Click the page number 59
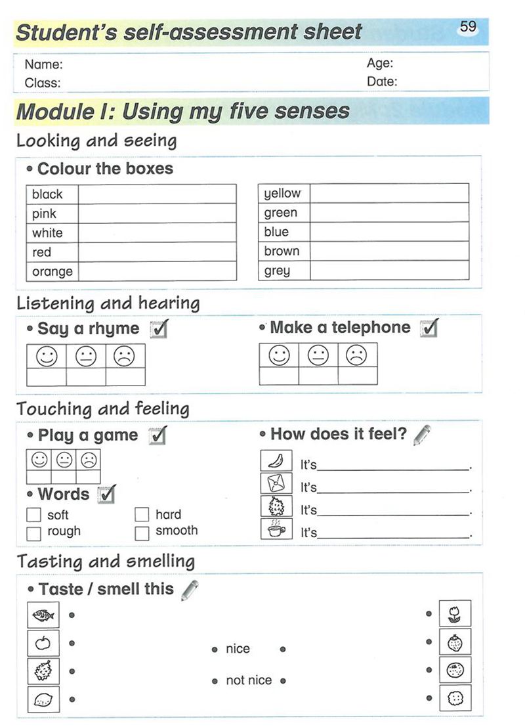[x=468, y=27]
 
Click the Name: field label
[x=43, y=64]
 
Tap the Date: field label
[x=382, y=82]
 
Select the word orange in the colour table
[x=52, y=271]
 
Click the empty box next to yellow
[x=389, y=193]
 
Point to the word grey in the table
[x=277, y=271]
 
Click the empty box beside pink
[x=157, y=213]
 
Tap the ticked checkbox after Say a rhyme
[x=159, y=328]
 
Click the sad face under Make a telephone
[x=357, y=355]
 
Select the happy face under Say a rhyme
[x=46, y=356]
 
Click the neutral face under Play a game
[x=64, y=460]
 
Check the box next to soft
[x=33, y=516]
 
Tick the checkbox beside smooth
[x=142, y=532]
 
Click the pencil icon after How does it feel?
[x=422, y=435]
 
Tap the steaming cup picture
[x=276, y=529]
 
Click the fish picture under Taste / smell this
[x=43, y=616]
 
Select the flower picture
[x=455, y=615]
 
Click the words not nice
[x=248, y=681]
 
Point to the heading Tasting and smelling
[x=106, y=562]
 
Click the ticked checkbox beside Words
[x=106, y=494]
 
